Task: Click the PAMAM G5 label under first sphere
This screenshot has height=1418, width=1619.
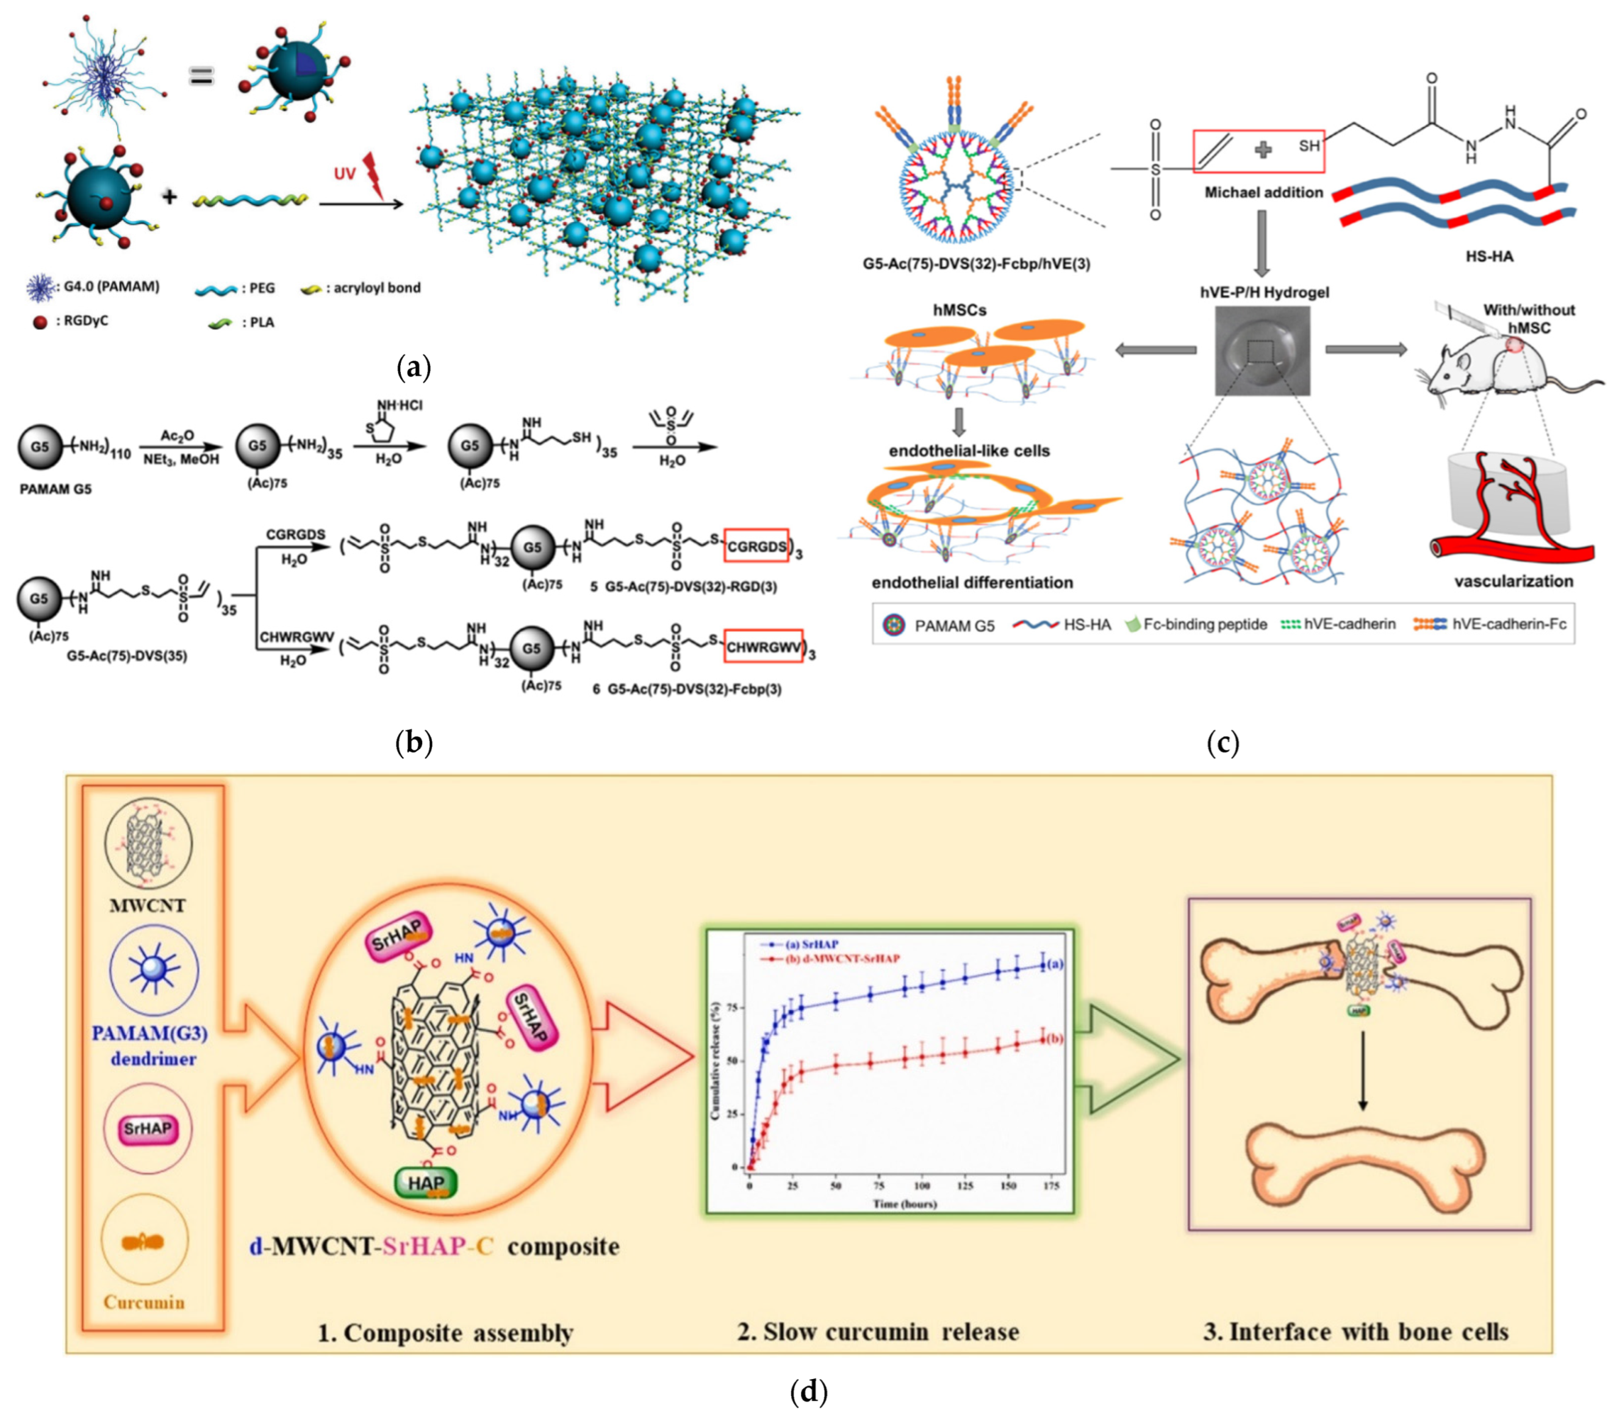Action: pyautogui.click(x=56, y=489)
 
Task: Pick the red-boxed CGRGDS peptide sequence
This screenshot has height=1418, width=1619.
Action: pyautogui.click(x=756, y=546)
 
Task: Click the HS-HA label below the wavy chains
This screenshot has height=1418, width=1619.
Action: pyautogui.click(x=1488, y=256)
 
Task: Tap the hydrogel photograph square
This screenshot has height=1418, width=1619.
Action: pyautogui.click(x=1262, y=351)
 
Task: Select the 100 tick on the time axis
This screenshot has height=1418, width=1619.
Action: pyautogui.click(x=922, y=1186)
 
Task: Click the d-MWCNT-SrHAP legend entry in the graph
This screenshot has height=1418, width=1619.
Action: pyautogui.click(x=842, y=958)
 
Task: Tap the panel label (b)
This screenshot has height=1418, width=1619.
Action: pyautogui.click(x=414, y=742)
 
